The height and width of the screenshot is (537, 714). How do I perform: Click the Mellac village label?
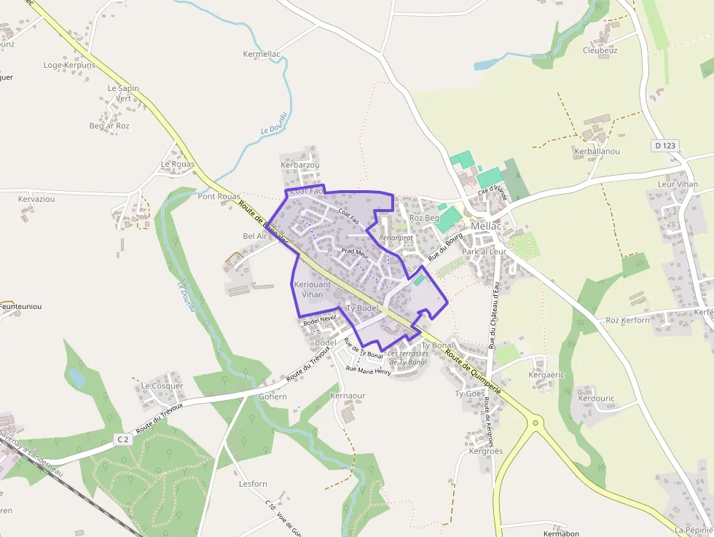click(x=486, y=227)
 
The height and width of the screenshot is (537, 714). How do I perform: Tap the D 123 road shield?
click(x=665, y=146)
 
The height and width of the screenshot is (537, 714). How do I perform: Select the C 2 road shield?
click(x=122, y=439)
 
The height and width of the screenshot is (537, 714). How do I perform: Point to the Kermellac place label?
click(x=262, y=55)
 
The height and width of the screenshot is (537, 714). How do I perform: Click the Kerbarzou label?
click(x=300, y=165)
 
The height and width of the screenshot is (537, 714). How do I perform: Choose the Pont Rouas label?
click(x=219, y=197)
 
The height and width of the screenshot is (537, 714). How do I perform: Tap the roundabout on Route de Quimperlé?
click(x=535, y=422)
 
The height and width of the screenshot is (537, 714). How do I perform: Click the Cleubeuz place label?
click(x=600, y=50)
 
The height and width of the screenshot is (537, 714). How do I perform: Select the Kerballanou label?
click(x=597, y=152)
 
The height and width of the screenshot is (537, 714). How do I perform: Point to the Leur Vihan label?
click(x=678, y=184)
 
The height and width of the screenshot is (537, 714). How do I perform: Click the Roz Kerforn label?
click(x=627, y=320)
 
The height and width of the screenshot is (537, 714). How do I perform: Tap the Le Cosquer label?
click(x=162, y=386)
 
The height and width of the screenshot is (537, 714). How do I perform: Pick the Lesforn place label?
click(x=253, y=484)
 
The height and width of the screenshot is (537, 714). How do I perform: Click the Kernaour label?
click(x=348, y=396)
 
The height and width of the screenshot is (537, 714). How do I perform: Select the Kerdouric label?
click(x=596, y=399)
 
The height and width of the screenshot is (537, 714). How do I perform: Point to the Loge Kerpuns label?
click(x=69, y=65)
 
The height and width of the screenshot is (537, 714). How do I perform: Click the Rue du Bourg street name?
click(x=446, y=247)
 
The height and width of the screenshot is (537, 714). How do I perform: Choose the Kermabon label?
click(x=561, y=533)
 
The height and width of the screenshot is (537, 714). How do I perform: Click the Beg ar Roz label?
click(x=109, y=126)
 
